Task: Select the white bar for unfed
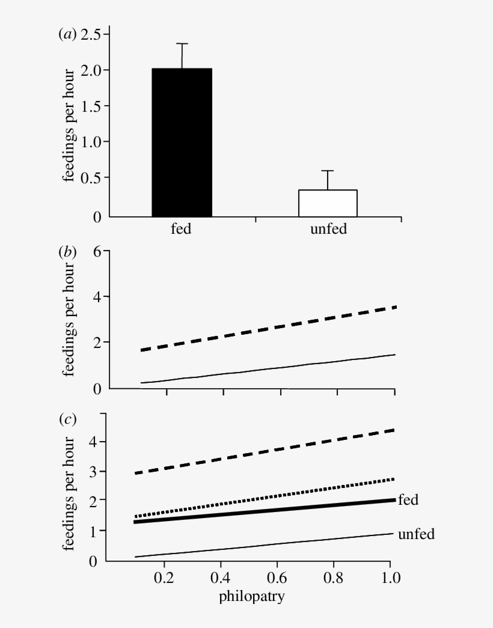328,203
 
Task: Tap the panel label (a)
67,35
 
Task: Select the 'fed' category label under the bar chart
181,229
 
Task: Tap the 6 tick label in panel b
97,252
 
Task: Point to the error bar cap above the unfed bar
328,171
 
